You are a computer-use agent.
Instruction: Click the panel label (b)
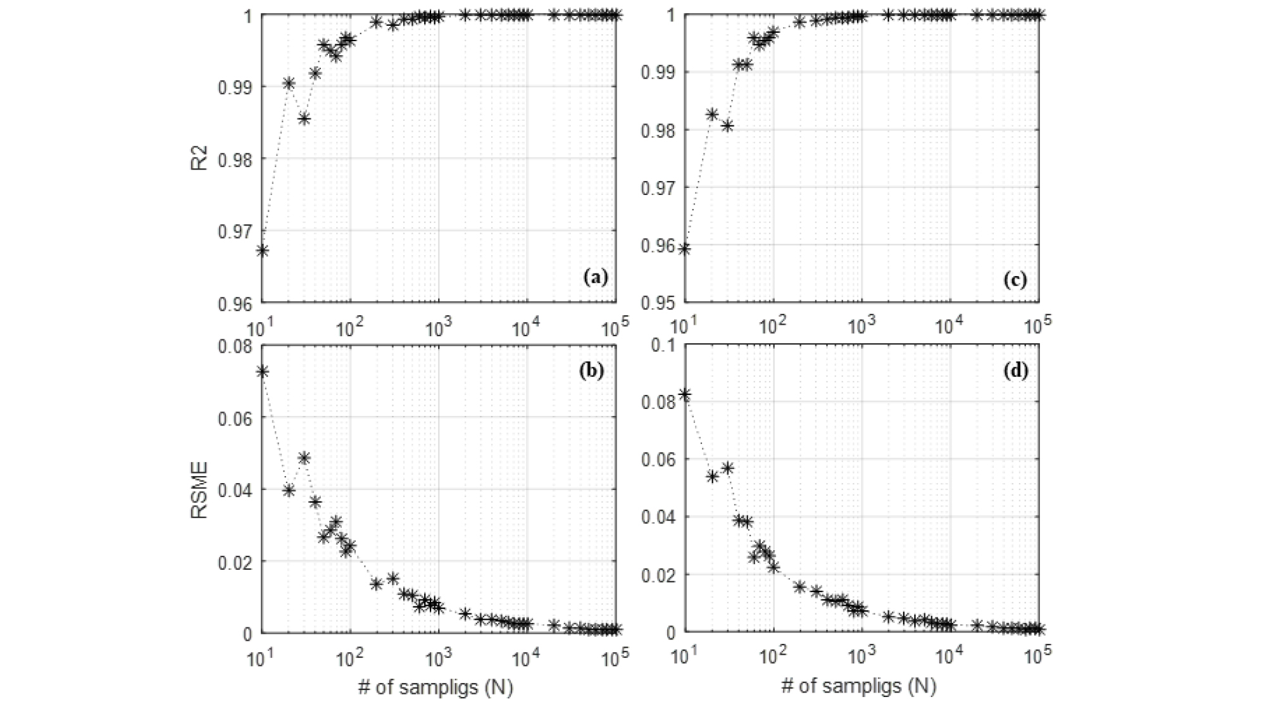click(591, 370)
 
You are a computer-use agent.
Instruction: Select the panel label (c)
click(1015, 279)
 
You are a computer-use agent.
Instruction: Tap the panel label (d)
click(1016, 370)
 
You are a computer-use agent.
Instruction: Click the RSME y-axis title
click(199, 489)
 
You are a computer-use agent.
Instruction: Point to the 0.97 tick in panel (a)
click(235, 231)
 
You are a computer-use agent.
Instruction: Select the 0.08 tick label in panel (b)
click(235, 346)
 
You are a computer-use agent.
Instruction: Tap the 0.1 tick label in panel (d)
click(663, 344)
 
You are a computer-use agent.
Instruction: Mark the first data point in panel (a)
click(262, 251)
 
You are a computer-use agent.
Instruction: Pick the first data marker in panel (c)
click(684, 248)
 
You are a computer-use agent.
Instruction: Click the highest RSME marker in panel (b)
click(262, 371)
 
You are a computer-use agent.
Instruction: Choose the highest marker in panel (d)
click(684, 394)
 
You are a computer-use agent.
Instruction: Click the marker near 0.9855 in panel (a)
click(304, 118)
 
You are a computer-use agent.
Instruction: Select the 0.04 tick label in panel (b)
click(235, 490)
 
